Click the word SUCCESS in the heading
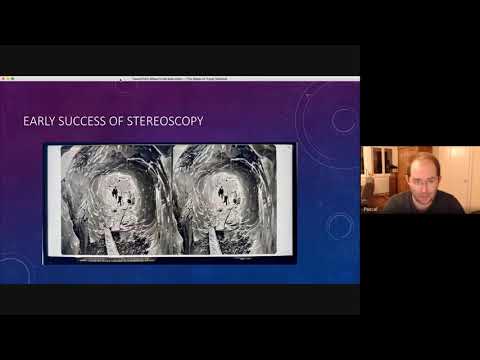(x=82, y=121)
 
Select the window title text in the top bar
(x=180, y=76)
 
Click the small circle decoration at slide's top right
(x=343, y=120)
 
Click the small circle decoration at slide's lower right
(x=339, y=226)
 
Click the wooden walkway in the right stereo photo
(x=214, y=241)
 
